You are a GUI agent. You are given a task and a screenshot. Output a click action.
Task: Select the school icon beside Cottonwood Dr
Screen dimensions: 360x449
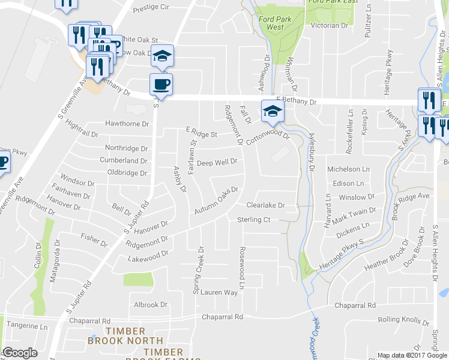tap(272, 110)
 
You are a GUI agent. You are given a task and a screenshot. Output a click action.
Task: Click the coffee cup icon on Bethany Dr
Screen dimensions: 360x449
tap(161, 83)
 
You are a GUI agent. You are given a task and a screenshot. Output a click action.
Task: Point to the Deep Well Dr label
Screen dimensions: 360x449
tap(218, 162)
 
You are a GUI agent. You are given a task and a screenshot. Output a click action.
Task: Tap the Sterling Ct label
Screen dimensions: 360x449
tap(254, 220)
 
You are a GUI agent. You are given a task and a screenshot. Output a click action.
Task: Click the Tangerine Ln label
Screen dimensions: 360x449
tap(26, 327)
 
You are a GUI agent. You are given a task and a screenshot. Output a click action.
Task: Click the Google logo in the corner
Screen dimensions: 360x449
tap(20, 353)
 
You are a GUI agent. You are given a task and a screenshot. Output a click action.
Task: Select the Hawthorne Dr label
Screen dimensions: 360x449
tap(127, 124)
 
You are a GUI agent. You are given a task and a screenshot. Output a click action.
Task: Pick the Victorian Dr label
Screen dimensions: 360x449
tap(328, 26)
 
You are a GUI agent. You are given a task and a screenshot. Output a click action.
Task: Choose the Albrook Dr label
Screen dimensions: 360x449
tap(151, 305)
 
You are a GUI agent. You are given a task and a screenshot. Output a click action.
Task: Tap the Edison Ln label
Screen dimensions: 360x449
tap(348, 184)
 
